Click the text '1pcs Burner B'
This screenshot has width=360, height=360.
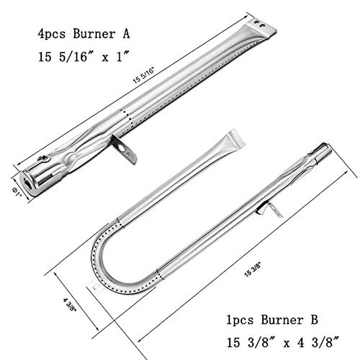point(272,320)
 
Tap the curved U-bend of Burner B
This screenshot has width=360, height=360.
point(102,264)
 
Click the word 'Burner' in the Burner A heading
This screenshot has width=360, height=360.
point(94,34)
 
